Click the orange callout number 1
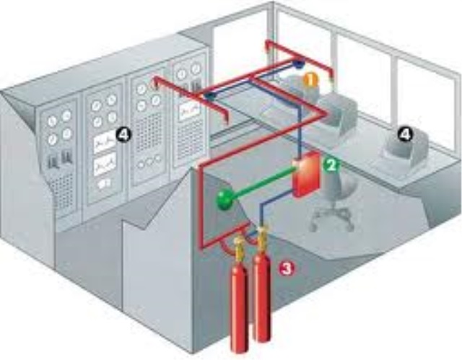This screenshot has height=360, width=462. (311, 79)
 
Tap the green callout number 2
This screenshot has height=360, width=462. (331, 165)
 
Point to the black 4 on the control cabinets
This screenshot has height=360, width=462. (122, 135)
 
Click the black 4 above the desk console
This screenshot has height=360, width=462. (406, 135)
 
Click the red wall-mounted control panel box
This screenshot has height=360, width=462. (306, 174)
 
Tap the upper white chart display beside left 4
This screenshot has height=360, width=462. (105, 143)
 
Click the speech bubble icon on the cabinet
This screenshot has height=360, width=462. (104, 184)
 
